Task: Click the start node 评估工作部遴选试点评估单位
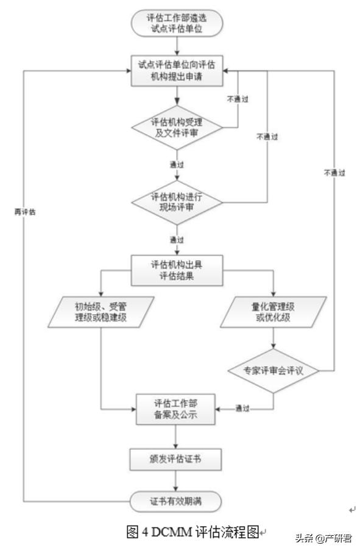[177, 23]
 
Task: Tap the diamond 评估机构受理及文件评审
[177, 127]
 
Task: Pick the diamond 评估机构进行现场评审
[177, 203]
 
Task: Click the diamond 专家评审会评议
[272, 370]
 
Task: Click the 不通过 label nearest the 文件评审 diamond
[238, 99]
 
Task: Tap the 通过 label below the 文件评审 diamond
[177, 165]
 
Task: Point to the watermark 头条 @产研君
[323, 539]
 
